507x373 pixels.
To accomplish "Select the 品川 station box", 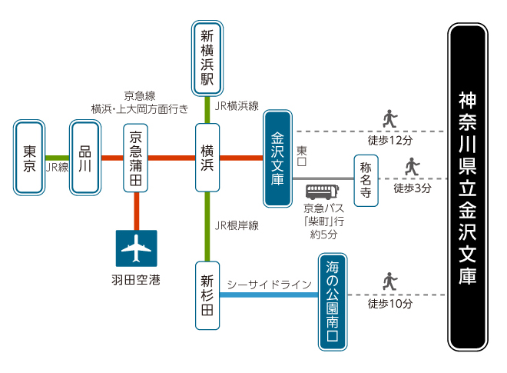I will pos(84,158).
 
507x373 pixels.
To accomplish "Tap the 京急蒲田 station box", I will pos(136,158).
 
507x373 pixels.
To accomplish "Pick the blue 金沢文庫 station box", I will pos(278,158).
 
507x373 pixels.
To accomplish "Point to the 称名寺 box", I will pos(366,180).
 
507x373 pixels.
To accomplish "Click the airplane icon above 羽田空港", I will pos(136,248).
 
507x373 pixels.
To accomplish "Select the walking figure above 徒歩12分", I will pos(390,119).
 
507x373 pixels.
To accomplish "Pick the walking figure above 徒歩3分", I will pos(413,166).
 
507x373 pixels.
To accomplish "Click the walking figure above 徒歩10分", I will pos(390,282).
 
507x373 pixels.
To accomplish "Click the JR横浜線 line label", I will pos(237,105).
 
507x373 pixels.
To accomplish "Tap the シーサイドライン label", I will pos(270,285).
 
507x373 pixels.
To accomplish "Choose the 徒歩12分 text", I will pos(390,140).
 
